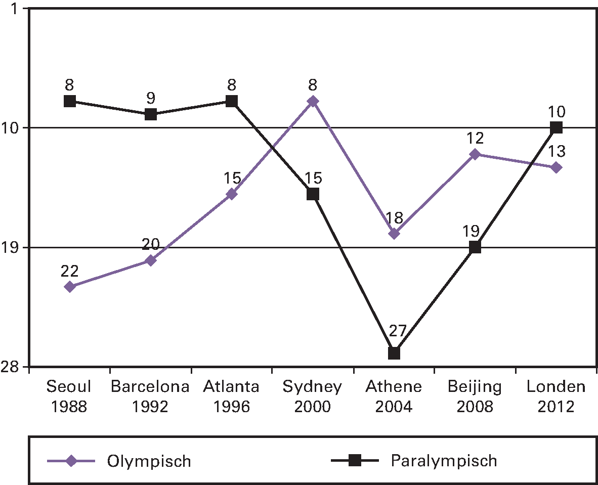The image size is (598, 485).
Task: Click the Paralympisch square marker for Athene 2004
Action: tap(394, 353)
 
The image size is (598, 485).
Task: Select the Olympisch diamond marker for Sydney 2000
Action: tap(313, 101)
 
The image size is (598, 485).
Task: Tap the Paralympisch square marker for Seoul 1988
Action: tap(70, 101)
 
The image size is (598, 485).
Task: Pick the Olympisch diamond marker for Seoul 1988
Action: tap(70, 287)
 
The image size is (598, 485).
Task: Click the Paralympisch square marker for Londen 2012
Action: tap(556, 127)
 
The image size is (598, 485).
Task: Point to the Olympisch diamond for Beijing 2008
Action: tap(475, 154)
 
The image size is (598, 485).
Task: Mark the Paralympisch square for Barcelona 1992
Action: tap(151, 114)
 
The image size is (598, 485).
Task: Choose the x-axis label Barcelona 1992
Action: tap(150, 396)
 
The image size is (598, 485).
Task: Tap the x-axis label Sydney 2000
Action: tap(313, 396)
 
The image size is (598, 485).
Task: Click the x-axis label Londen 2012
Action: tap(556, 396)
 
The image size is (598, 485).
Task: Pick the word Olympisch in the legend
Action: tap(149, 461)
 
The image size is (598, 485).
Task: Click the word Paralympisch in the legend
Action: tap(444, 461)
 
